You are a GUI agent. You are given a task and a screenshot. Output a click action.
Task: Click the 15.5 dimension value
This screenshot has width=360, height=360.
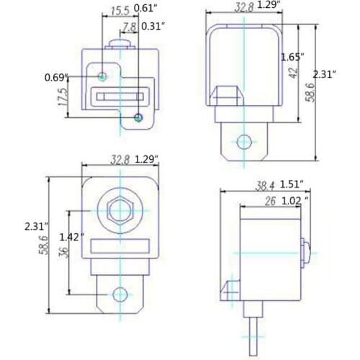(x=120, y=10)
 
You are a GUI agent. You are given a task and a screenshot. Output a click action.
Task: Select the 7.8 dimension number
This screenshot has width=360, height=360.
(x=129, y=27)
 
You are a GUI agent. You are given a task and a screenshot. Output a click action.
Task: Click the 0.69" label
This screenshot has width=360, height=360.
(x=56, y=76)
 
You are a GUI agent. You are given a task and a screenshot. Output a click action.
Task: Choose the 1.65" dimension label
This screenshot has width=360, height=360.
(x=292, y=56)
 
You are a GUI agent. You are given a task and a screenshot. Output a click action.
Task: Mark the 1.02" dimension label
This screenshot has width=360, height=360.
(x=296, y=201)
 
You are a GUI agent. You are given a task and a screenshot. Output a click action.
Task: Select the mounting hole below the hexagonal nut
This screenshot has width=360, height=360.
(x=120, y=294)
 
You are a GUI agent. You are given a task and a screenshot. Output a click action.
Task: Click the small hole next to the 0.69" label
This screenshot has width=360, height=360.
(x=104, y=76)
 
